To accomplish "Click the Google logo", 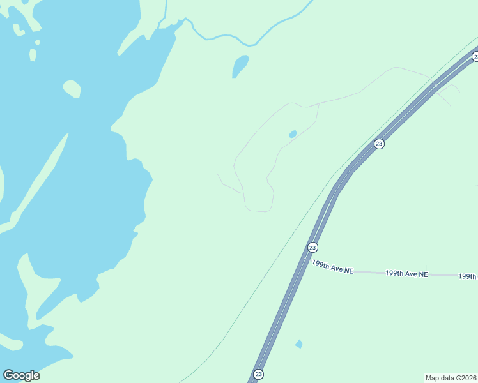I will (x=21, y=375).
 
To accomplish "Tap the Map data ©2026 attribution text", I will (x=451, y=377).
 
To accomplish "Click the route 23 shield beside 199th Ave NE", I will (x=312, y=247).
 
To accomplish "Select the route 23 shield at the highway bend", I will (x=379, y=144).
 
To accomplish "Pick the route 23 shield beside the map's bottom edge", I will (x=258, y=374).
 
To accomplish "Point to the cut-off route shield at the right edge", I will (x=475, y=57).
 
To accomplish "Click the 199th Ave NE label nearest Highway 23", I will (x=332, y=267).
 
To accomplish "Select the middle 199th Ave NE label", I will (x=406, y=273).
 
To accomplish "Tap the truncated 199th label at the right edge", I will (x=468, y=276).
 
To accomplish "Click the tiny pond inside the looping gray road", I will (x=293, y=134).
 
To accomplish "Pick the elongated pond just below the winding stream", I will (x=240, y=66).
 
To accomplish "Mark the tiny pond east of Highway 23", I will (x=298, y=343).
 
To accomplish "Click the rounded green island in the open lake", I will (x=72, y=88).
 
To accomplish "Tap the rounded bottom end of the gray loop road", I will (x=259, y=210).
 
